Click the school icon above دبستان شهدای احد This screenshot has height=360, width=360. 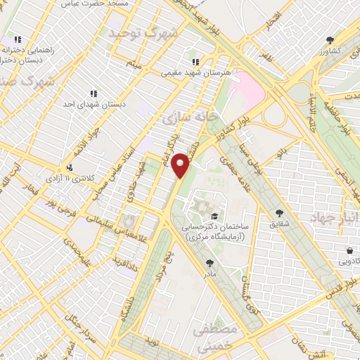(93, 93)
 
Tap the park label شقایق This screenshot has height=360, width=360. (280, 224)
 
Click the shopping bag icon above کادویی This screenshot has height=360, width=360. (349, 250)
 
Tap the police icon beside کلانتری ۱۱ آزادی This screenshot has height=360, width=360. (70, 167)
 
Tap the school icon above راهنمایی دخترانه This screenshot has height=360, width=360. (18, 40)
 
